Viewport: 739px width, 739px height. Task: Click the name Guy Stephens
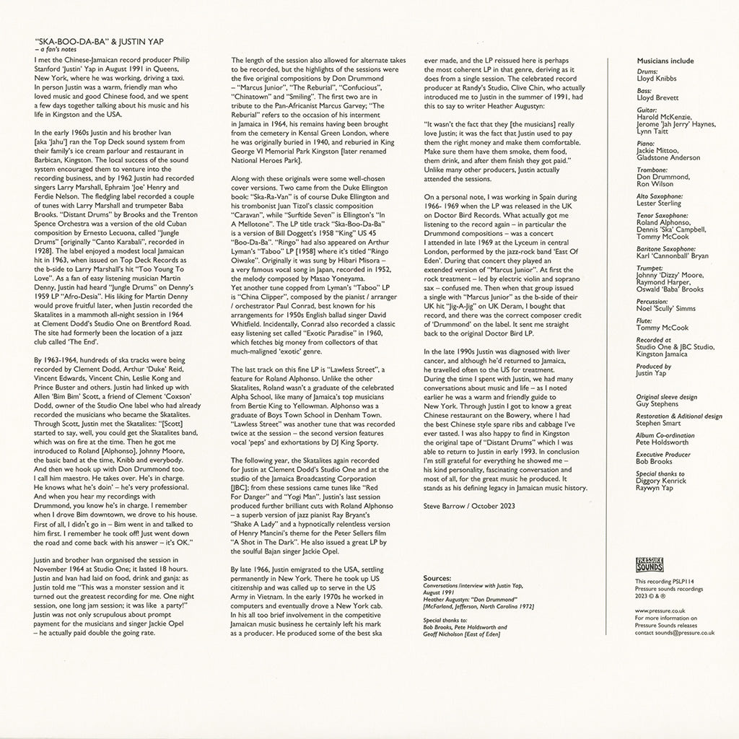(x=657, y=404)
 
